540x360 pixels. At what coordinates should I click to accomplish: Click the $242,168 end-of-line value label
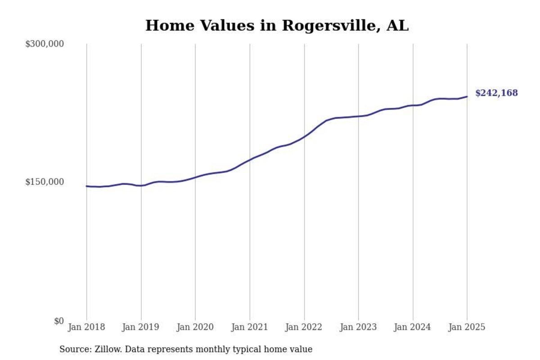point(496,94)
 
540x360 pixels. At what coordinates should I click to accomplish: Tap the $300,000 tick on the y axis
point(45,44)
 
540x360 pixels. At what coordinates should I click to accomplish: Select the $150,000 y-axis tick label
point(45,182)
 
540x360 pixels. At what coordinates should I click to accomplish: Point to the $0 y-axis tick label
point(58,321)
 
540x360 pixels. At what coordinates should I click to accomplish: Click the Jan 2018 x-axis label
point(86,327)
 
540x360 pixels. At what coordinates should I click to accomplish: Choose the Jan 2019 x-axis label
point(141,327)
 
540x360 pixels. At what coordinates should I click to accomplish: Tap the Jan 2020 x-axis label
point(195,327)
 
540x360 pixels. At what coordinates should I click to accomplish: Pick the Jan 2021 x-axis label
point(250,327)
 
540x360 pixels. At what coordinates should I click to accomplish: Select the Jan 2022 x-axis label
point(304,327)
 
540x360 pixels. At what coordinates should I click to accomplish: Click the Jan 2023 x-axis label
point(358,327)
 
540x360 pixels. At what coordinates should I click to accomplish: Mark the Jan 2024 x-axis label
point(413,327)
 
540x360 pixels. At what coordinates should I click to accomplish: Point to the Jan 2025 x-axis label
point(467,327)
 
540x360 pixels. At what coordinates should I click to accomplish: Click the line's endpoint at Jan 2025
point(467,96)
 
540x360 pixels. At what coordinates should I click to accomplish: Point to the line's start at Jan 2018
point(87,186)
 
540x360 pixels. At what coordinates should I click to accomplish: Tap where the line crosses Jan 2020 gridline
point(195,177)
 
